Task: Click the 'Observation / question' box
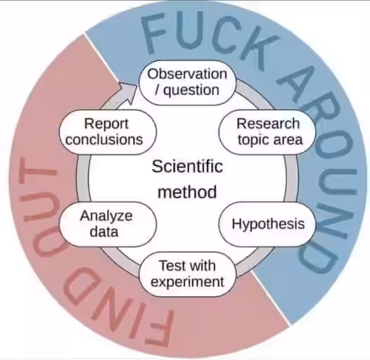(187, 82)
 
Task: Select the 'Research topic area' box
(267, 131)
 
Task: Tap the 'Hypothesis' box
(267, 224)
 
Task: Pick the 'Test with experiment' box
(187, 274)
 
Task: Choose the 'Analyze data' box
(108, 224)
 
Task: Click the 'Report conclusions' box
(108, 131)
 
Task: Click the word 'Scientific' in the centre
(187, 167)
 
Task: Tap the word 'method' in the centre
(187, 192)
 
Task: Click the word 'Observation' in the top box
(187, 74)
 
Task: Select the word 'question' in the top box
(191, 91)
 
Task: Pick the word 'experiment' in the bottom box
(187, 282)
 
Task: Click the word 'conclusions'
(104, 139)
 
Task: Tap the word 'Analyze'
(106, 217)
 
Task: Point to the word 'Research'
(268, 124)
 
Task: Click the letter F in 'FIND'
(159, 328)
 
